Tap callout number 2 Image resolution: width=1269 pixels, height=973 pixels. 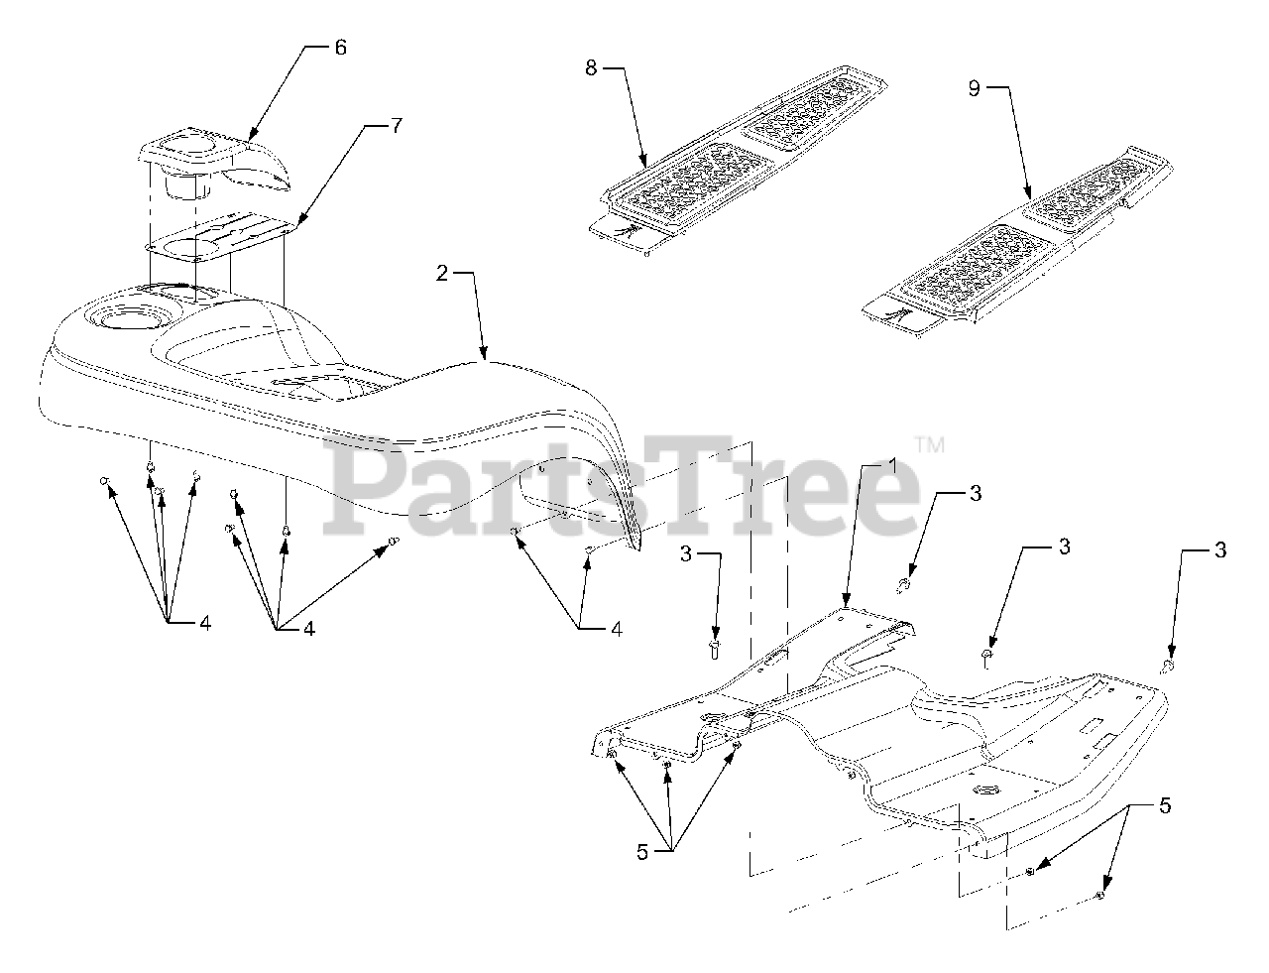tap(443, 274)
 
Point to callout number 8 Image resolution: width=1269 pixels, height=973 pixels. tap(590, 67)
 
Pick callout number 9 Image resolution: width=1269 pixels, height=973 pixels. tap(974, 88)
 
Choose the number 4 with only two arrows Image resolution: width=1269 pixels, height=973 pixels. tap(616, 628)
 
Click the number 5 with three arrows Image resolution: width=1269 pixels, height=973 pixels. tap(642, 852)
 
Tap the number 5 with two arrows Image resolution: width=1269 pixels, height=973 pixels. tap(1164, 806)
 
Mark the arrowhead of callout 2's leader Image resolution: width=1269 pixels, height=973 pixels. tap(484, 356)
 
